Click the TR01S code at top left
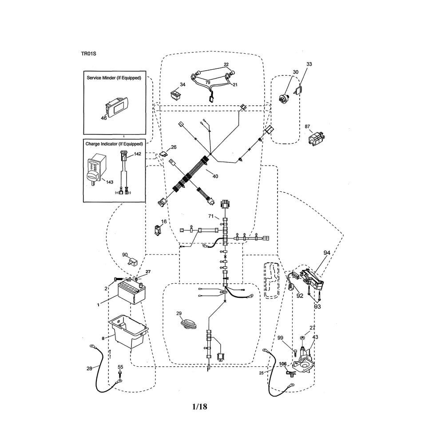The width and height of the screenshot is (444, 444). pyautogui.click(x=88, y=54)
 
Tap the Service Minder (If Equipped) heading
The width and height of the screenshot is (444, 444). pyautogui.click(x=114, y=78)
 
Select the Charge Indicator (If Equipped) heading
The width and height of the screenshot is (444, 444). pyautogui.click(x=114, y=144)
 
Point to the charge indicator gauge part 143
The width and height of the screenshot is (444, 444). pyautogui.click(x=96, y=169)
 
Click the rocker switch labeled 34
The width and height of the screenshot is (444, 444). pyautogui.click(x=175, y=94)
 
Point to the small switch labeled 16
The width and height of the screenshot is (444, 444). pyautogui.click(x=157, y=230)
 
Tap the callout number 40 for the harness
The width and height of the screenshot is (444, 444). pyautogui.click(x=215, y=176)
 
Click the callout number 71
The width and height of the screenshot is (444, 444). pyautogui.click(x=211, y=216)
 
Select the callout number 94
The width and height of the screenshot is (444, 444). pyautogui.click(x=327, y=253)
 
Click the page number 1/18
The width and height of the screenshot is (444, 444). pyautogui.click(x=200, y=407)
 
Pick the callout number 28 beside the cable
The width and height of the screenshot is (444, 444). pyautogui.click(x=89, y=369)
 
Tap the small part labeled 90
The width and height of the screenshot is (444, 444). pyautogui.click(x=132, y=262)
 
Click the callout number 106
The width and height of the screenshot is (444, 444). pyautogui.click(x=282, y=364)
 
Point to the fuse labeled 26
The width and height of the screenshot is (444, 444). pyautogui.click(x=163, y=155)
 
